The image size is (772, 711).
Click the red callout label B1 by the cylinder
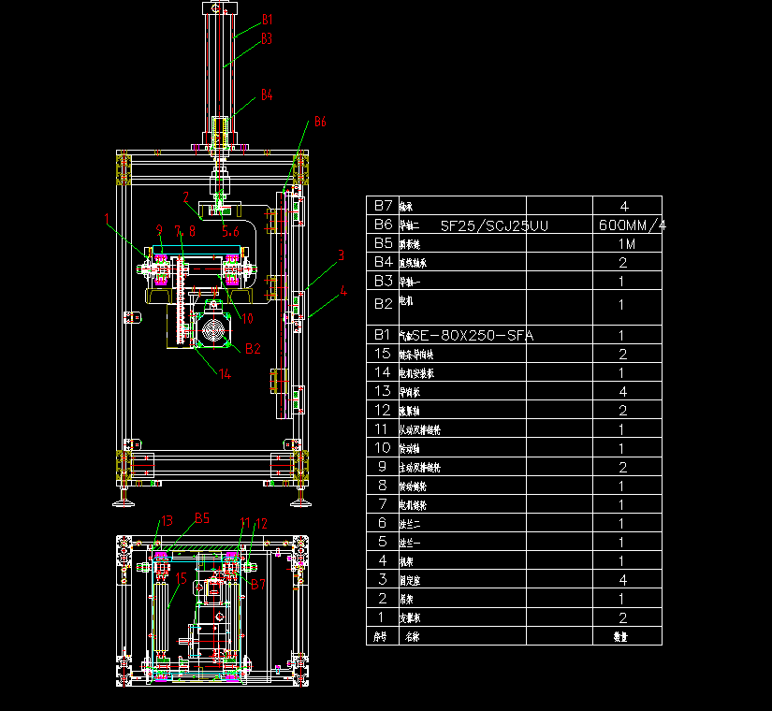point(267,20)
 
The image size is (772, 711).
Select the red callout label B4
point(267,95)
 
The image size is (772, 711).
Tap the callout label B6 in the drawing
point(319,123)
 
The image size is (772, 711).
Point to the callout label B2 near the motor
point(253,349)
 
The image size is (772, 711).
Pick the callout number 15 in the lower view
point(182,579)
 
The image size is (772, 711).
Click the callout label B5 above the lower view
point(201,518)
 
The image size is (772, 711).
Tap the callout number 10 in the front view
point(247,318)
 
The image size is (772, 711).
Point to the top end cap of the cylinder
point(217,8)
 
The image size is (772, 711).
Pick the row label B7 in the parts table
point(383,205)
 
